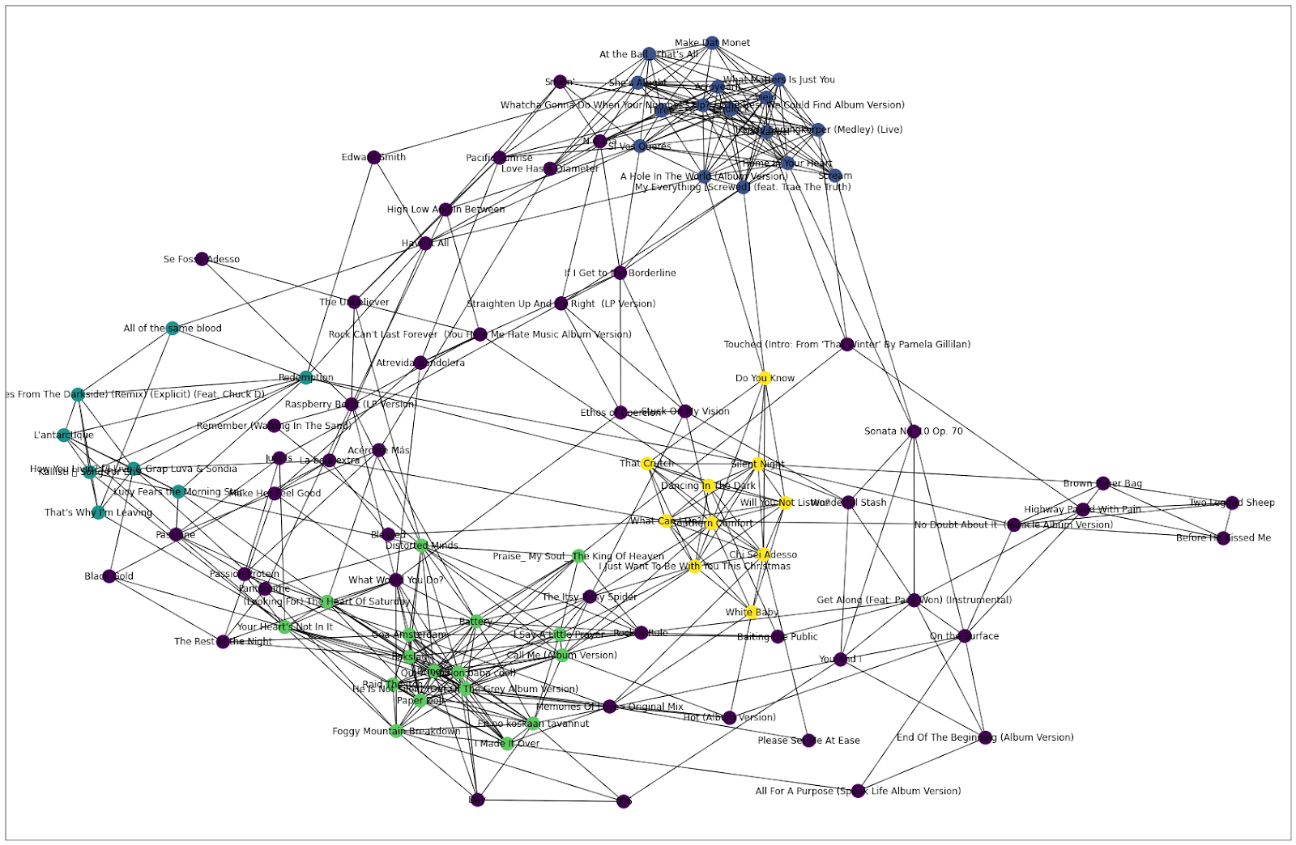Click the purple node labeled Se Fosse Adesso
202,259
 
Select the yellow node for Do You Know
764,378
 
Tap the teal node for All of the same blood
173,328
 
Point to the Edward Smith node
373,157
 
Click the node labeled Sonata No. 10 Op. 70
914,431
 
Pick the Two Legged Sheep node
1232,503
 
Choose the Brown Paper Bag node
1102,483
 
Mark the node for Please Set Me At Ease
808,740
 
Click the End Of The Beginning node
985,737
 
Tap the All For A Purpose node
858,791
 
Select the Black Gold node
109,576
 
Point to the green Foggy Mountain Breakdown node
396,731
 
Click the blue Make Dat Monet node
712,43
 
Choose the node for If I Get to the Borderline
620,273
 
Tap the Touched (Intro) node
847,344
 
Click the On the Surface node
965,635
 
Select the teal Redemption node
305,377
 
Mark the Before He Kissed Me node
1223,537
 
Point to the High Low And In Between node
446,209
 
